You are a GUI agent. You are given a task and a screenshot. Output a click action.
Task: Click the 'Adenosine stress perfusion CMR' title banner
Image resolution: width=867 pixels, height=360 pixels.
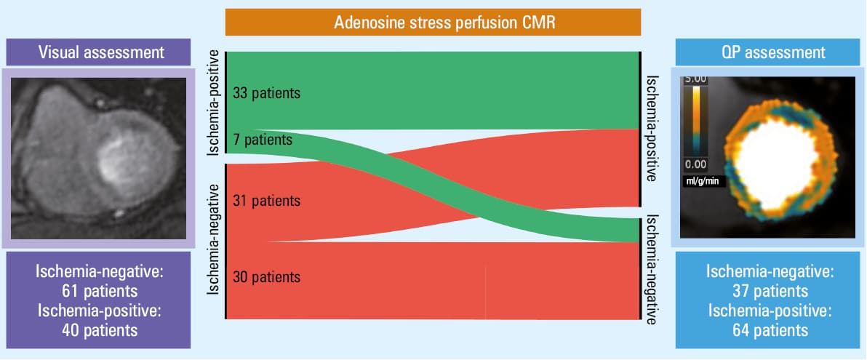click(433, 23)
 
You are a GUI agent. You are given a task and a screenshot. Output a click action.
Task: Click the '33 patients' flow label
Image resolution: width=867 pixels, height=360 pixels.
click(266, 93)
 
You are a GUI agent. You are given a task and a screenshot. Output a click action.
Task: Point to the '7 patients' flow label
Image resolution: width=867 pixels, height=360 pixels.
click(263, 140)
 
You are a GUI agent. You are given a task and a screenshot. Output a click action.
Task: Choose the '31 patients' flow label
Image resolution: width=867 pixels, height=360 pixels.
click(266, 200)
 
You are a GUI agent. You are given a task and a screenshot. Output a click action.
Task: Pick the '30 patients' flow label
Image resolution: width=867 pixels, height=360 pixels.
click(266, 276)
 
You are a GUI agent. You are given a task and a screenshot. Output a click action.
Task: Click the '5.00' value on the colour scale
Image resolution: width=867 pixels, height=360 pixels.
click(695, 79)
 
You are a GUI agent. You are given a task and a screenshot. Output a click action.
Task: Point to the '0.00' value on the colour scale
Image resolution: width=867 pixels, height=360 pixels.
click(695, 164)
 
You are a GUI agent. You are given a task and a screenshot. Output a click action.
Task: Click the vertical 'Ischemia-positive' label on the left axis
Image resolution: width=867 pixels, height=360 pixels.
click(215, 103)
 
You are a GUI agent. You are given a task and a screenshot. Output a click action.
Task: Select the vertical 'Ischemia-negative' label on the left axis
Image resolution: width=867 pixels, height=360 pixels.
click(215, 241)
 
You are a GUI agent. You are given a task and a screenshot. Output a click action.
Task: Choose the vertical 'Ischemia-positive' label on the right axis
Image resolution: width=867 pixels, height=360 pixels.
click(652, 129)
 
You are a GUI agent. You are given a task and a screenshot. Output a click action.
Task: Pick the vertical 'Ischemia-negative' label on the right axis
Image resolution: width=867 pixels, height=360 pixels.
click(652, 269)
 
